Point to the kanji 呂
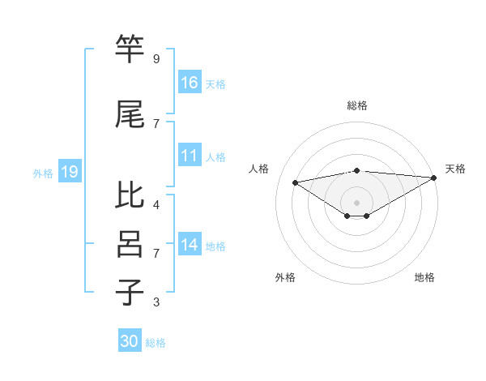(130, 244)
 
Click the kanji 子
(130, 293)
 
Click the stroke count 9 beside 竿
(156, 59)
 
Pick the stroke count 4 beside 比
(156, 204)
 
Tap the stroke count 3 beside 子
(156, 302)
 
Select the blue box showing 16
(190, 82)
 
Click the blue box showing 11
(190, 156)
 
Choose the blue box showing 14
(190, 245)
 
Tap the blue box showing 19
(69, 171)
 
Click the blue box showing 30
(130, 341)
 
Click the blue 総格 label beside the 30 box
(156, 343)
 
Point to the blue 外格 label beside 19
(43, 173)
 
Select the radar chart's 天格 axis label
(455, 169)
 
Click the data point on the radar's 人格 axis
(295, 182)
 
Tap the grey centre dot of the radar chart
(356, 202)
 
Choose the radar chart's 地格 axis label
(424, 277)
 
